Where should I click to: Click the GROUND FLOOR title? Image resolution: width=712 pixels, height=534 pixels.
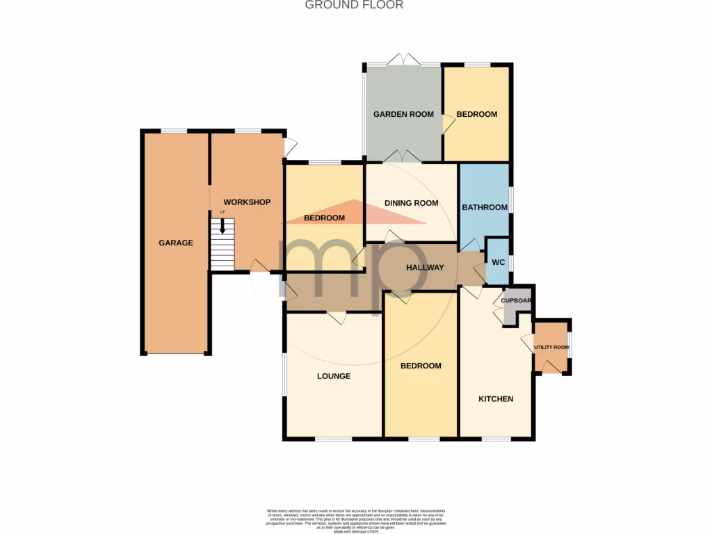[355, 5]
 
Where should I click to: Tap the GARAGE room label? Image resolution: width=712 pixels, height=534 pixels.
[175, 243]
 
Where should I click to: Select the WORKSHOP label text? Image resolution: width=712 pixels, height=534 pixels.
[246, 202]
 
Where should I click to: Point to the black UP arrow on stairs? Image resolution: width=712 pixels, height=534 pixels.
[223, 226]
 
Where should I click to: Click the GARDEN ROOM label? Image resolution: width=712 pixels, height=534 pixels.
[403, 114]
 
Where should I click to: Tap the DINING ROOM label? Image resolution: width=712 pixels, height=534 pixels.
[412, 203]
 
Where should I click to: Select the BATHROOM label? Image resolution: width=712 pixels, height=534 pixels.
[485, 207]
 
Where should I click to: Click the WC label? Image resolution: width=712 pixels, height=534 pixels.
[498, 262]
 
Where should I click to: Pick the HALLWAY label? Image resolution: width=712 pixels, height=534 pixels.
[425, 267]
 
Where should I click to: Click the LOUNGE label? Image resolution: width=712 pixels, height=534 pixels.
[334, 376]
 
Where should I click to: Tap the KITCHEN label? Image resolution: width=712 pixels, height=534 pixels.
[496, 399]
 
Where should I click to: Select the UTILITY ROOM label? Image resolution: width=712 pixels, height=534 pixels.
[551, 347]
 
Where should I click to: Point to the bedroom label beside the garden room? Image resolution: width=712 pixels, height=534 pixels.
[477, 114]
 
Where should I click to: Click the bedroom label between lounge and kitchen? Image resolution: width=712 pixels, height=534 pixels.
[421, 366]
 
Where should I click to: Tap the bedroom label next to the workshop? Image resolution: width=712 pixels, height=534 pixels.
[325, 218]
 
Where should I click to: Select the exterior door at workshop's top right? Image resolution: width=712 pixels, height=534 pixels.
[291, 147]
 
